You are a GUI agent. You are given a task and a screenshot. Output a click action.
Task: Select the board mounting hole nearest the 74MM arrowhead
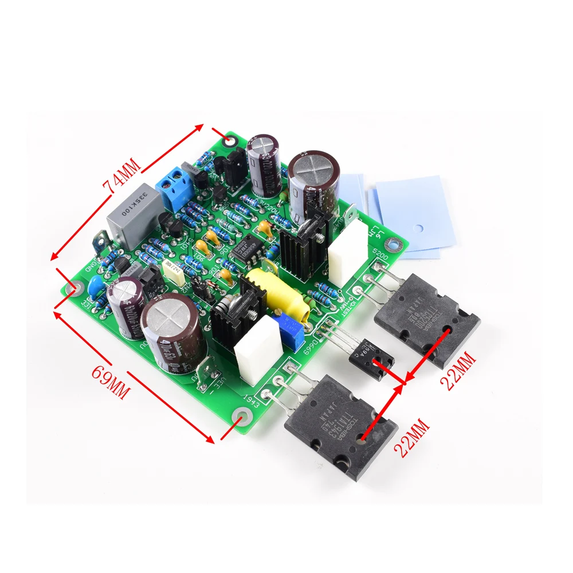(x=230, y=140)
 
